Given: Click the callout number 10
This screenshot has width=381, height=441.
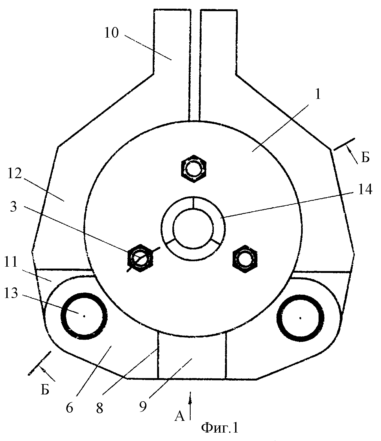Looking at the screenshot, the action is coord(112,33).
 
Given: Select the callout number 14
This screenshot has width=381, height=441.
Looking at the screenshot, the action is coord(364,189).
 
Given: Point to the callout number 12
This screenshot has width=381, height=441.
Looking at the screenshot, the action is coord(14,174).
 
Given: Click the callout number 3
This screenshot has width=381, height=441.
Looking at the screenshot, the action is coord(13,207).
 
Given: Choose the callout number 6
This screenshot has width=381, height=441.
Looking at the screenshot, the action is coord(69,407).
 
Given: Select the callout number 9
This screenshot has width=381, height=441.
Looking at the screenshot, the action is coord(143,406).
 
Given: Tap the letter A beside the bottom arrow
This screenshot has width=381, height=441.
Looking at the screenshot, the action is coord(179,416).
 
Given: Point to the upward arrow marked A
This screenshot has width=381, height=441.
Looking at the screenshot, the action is coord(190,406).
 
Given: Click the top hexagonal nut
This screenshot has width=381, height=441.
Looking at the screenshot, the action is coord(193,169).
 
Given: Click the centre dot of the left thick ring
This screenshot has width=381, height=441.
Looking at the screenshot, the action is coord(84,316).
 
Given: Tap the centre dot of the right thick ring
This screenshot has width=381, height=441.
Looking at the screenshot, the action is coord(300,318).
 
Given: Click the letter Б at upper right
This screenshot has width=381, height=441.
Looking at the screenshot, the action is coord(365,158).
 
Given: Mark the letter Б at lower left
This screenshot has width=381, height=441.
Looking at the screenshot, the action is coord(45,390).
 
